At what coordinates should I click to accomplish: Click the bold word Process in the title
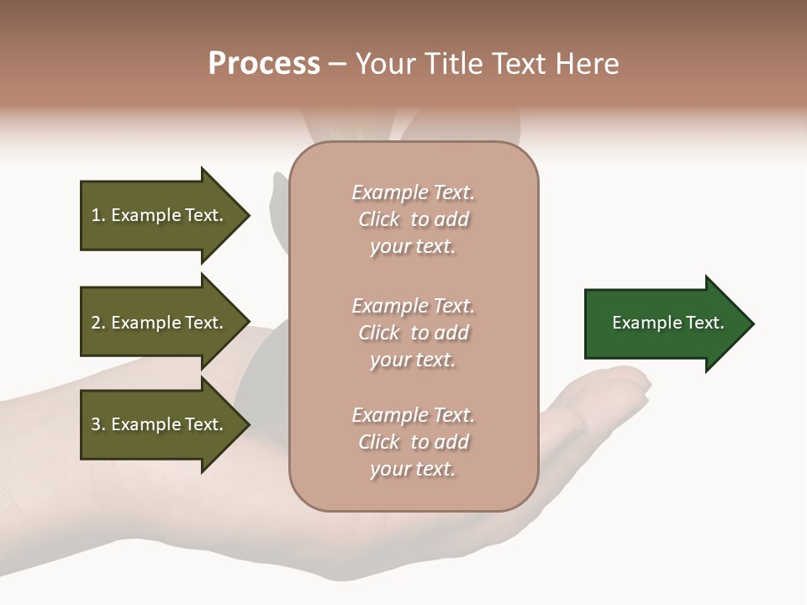click(x=264, y=64)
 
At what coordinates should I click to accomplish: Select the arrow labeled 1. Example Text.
click(x=160, y=215)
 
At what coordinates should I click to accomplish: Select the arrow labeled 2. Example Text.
click(x=160, y=323)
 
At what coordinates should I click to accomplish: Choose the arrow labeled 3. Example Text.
click(x=160, y=424)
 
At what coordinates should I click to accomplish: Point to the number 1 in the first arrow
click(x=97, y=215)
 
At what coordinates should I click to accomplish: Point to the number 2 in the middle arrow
click(x=97, y=323)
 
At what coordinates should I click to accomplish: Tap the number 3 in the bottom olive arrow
click(x=97, y=424)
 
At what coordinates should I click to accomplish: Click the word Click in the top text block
click(x=379, y=219)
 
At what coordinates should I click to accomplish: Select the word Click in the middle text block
click(x=379, y=333)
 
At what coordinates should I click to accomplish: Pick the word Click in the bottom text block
click(x=379, y=442)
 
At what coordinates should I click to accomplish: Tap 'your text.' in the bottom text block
click(x=413, y=469)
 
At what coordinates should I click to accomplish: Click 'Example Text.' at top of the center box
click(x=413, y=192)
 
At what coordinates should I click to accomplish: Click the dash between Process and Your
click(x=338, y=64)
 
